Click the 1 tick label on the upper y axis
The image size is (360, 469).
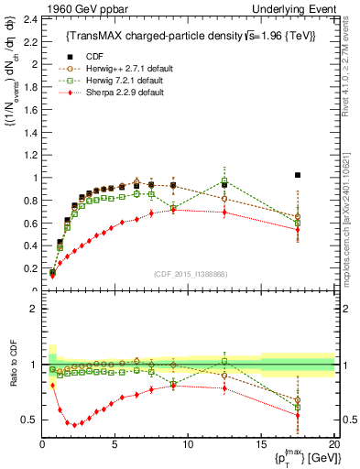pos(33,178)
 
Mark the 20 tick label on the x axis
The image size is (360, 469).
pos(333,442)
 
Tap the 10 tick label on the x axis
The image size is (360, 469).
pos(188,442)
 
